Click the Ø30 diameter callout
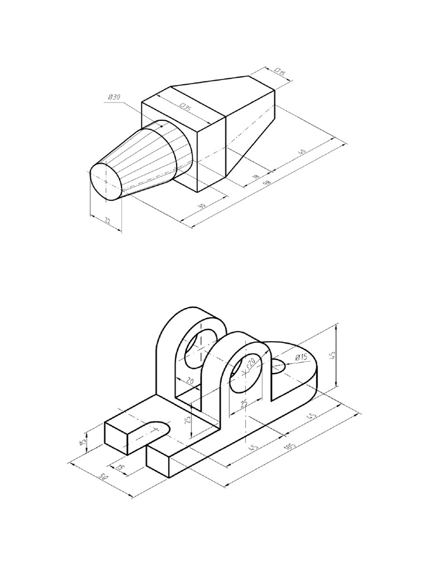[x=114, y=98]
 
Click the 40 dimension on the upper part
[x=302, y=151]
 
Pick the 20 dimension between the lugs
[x=189, y=381]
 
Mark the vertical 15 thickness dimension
[x=83, y=443]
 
